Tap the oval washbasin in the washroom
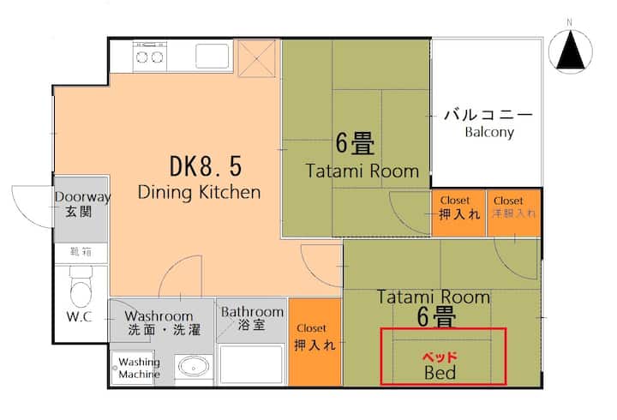pyautogui.click(x=194, y=367)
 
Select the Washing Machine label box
pyautogui.click(x=133, y=368)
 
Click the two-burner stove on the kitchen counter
pyautogui.click(x=149, y=57)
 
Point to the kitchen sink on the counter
pyautogui.click(x=213, y=57)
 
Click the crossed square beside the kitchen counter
pyautogui.click(x=256, y=58)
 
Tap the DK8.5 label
pyautogui.click(x=206, y=165)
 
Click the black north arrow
pyautogui.click(x=571, y=51)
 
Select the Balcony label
pyautogui.click(x=489, y=132)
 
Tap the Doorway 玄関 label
pyautogui.click(x=82, y=204)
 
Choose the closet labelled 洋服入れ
pyautogui.click(x=513, y=213)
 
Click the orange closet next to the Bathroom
pyautogui.click(x=314, y=342)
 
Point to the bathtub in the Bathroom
pyautogui.click(x=251, y=364)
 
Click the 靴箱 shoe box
pyautogui.click(x=81, y=253)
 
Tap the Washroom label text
pyautogui.click(x=159, y=316)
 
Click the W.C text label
pyautogui.click(x=79, y=316)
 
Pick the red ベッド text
pyautogui.click(x=440, y=357)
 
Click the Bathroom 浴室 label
pyautogui.click(x=252, y=318)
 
